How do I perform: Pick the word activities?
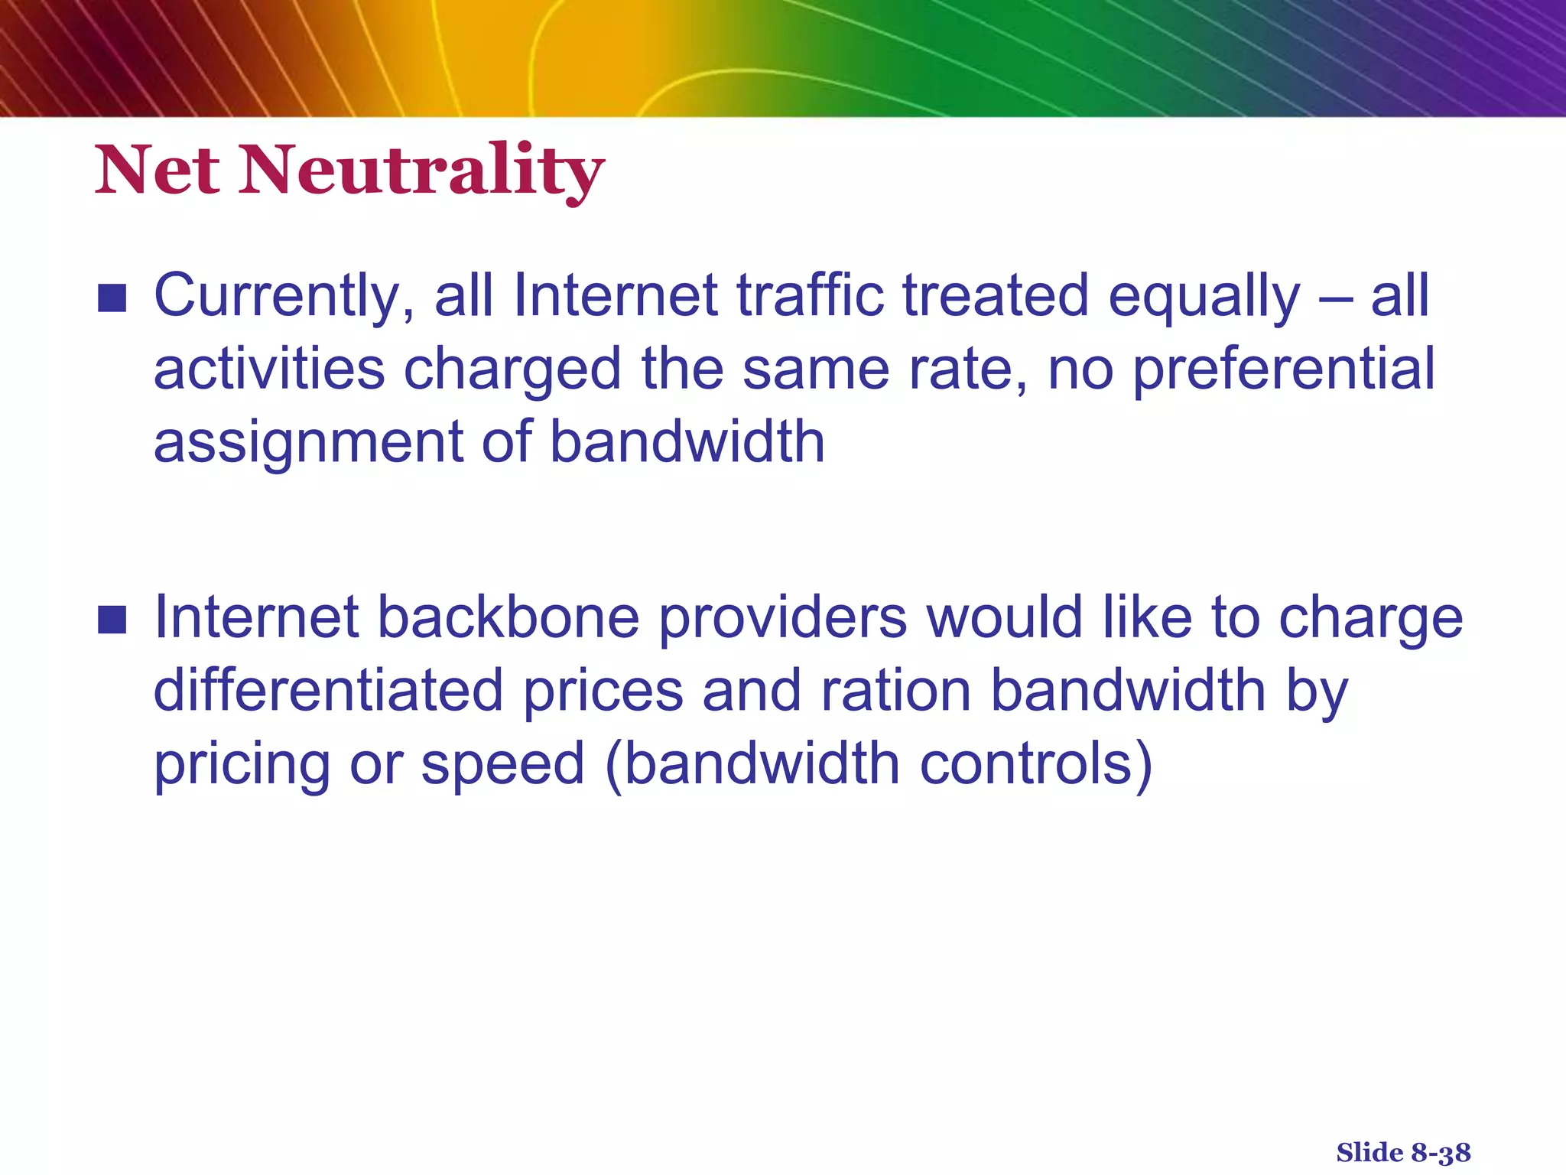point(269,369)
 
